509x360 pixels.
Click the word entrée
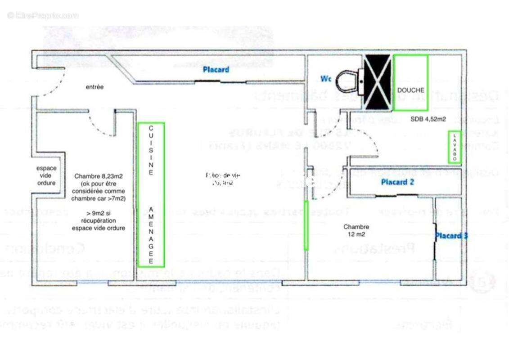click(95, 87)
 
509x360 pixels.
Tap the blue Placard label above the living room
click(216, 70)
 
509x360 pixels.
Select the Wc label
click(326, 79)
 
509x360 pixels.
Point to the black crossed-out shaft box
click(377, 82)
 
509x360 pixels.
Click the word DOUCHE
click(410, 90)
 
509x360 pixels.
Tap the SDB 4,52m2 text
click(428, 119)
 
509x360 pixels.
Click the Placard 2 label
click(397, 182)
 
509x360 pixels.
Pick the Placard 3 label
click(450, 235)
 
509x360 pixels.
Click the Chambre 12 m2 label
click(356, 230)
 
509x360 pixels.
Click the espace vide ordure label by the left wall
click(46, 175)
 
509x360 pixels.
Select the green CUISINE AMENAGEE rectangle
click(151, 194)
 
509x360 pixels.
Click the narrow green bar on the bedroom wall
click(306, 225)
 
